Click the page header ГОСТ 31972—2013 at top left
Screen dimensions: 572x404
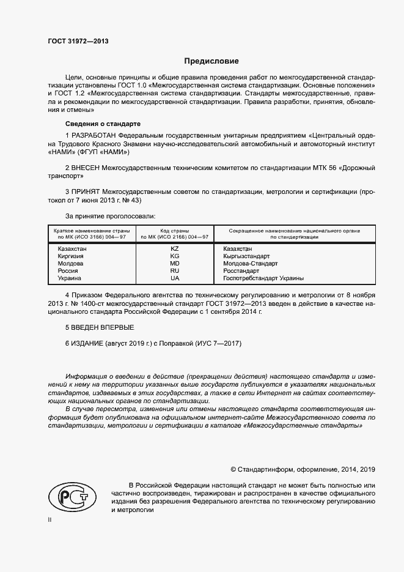click(78, 41)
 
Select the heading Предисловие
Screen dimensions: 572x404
click(211, 61)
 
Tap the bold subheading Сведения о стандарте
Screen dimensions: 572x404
click(95, 124)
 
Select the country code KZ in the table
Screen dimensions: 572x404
click(175, 249)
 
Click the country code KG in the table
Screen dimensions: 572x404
click(175, 256)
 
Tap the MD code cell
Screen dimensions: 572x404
click(175, 264)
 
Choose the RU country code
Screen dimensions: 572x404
click(175, 271)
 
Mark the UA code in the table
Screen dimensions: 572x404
click(175, 278)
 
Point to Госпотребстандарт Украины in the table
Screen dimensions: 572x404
click(263, 278)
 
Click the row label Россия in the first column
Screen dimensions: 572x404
click(68, 271)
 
